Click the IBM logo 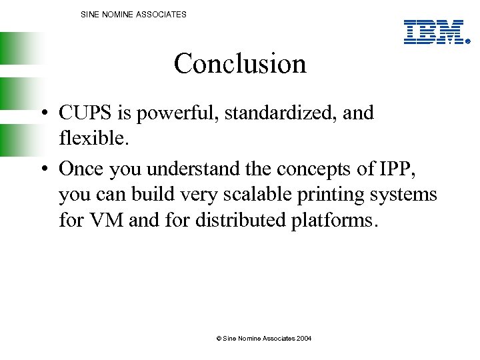(434, 32)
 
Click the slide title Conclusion (240, 64)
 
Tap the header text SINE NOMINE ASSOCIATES (133, 14)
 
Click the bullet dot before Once (42, 169)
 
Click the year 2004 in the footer (304, 339)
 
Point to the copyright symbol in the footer (219, 339)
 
